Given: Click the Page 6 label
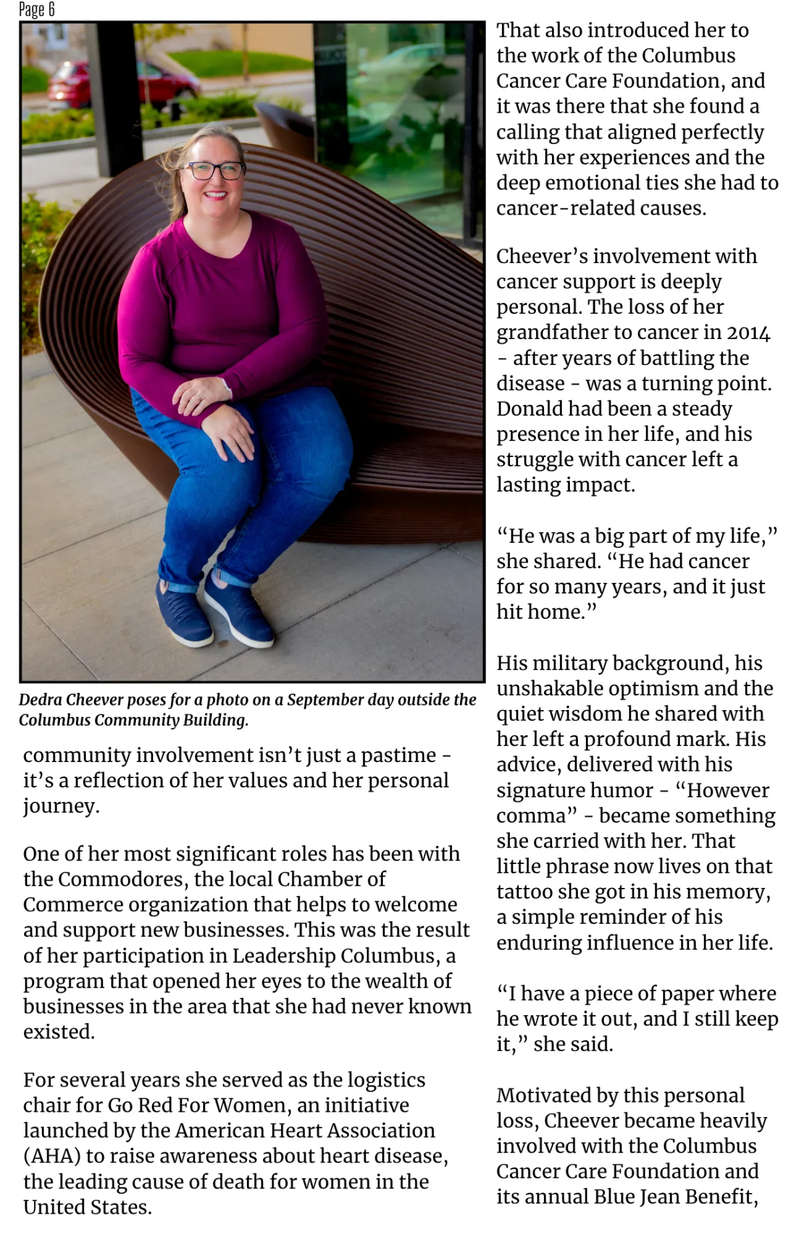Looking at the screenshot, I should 37,9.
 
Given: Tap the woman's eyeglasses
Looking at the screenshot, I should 214,171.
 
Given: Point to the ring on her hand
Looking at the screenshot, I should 197,398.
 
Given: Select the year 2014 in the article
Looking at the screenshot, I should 748,332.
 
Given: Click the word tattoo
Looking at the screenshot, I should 530,892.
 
